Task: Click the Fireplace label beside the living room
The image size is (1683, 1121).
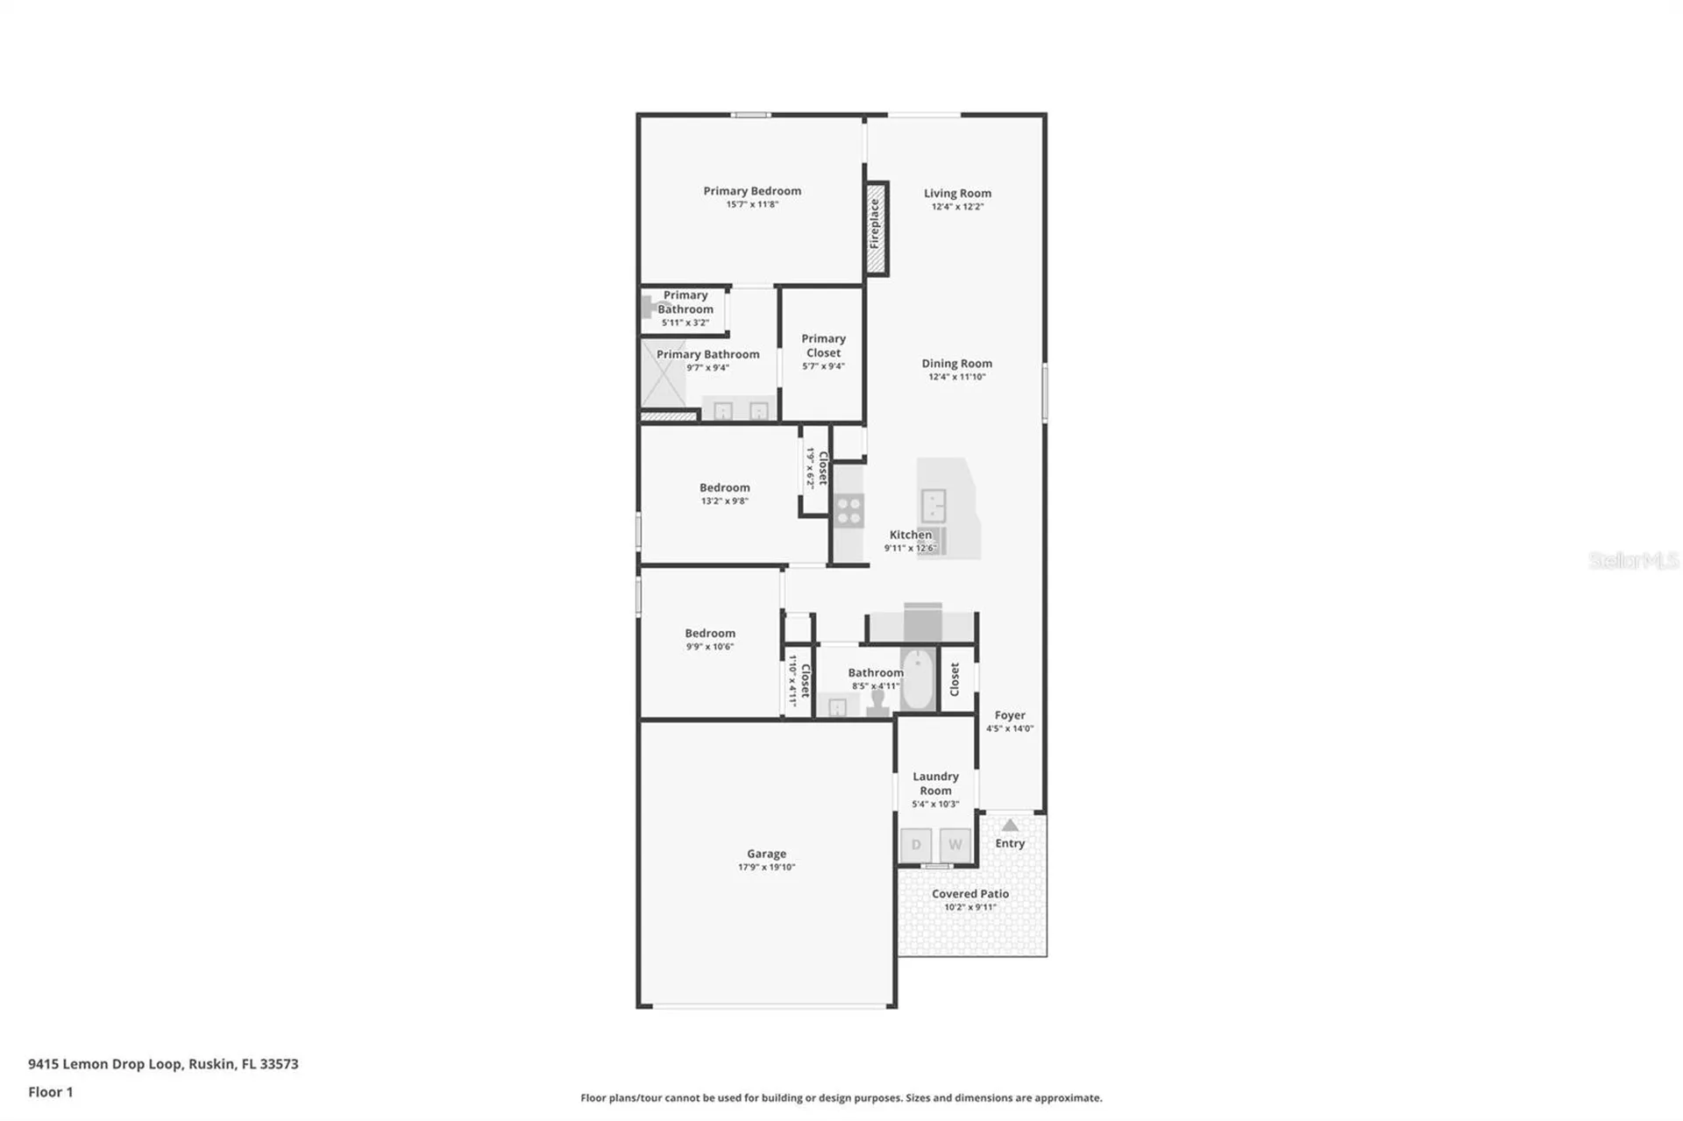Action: point(874,223)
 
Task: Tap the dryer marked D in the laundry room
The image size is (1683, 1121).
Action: point(916,845)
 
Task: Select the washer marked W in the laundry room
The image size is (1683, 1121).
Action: point(955,845)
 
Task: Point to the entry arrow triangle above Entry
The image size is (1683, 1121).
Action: point(1010,825)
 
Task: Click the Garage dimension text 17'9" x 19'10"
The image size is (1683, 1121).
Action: point(766,867)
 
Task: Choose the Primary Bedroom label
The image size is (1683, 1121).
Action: point(752,190)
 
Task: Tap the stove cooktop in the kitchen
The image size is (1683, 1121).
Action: point(849,511)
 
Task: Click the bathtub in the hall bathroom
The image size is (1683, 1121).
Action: point(918,679)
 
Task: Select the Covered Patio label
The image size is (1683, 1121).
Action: point(970,893)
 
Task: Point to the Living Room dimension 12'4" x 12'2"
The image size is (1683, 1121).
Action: point(957,207)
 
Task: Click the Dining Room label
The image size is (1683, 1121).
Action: point(956,363)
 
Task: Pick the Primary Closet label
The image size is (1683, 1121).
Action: point(824,345)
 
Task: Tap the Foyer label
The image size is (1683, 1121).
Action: point(1010,715)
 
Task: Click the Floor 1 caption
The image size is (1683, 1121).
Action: point(51,1092)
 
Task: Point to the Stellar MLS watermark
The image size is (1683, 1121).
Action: point(1633,560)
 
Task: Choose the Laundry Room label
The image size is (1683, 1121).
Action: point(935,784)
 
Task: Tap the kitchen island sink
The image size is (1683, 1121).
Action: point(934,506)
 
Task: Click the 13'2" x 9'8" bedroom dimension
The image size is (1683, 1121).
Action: point(724,501)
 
